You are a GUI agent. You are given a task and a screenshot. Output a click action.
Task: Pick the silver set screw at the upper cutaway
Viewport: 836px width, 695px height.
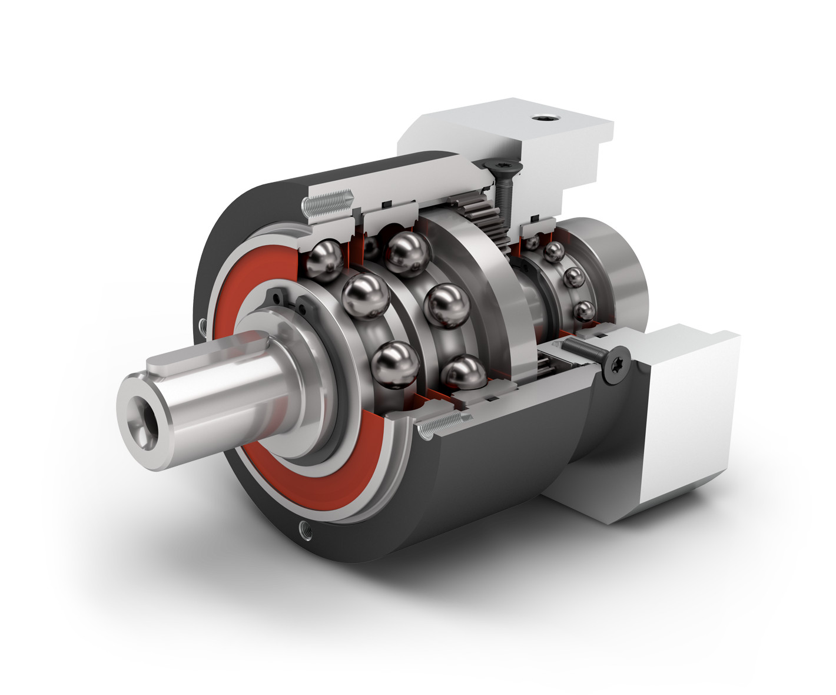pyautogui.click(x=326, y=203)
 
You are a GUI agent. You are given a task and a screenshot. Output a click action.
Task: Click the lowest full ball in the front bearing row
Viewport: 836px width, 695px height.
pyautogui.click(x=396, y=365)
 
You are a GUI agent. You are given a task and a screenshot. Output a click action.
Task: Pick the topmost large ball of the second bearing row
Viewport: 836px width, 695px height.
pyautogui.click(x=406, y=253)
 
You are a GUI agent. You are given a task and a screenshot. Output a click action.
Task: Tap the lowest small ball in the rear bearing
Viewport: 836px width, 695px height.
pyautogui.click(x=583, y=310)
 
